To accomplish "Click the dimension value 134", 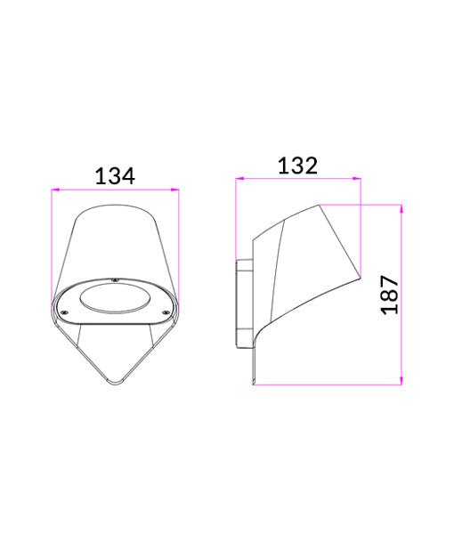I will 115,176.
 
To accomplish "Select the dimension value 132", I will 298,166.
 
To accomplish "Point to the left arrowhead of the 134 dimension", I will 55,190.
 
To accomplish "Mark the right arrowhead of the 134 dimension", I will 176,190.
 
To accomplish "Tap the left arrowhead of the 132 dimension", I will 238,179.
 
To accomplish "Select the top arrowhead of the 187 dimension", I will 402,207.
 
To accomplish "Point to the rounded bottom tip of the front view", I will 116,383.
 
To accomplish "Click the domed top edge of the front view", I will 116,206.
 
